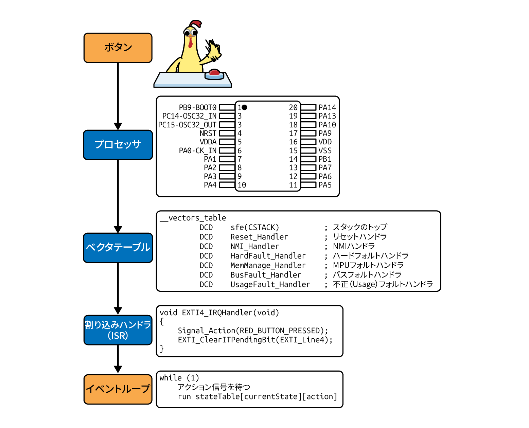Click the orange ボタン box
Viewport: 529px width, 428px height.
[118, 48]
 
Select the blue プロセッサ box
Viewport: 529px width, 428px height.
[118, 145]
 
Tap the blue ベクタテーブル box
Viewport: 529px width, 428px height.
[118, 248]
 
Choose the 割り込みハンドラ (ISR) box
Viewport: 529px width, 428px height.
[118, 330]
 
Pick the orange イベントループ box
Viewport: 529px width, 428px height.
[118, 389]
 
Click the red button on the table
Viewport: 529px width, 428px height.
[214, 73]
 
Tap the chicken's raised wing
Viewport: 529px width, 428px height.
[213, 51]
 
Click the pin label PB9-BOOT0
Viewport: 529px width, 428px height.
[197, 108]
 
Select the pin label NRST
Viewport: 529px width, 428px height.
[208, 133]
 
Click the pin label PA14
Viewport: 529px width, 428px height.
[327, 108]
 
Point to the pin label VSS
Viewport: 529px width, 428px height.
[325, 151]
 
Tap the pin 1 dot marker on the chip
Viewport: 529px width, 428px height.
[244, 107]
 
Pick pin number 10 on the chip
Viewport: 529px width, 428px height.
[242, 185]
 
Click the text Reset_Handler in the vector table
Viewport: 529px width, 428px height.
[259, 237]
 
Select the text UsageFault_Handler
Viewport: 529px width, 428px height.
[270, 285]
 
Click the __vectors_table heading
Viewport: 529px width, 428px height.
[193, 218]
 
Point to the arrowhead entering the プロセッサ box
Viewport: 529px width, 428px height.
[118, 126]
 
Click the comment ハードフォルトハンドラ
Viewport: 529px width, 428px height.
[370, 256]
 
